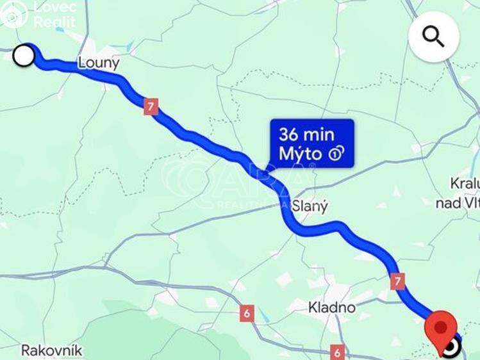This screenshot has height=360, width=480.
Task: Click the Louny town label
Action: pos(99,63)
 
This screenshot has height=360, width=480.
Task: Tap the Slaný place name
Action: pos(310,207)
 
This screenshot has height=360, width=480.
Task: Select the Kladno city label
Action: pos(331,307)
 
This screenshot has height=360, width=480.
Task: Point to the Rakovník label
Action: pos(52,350)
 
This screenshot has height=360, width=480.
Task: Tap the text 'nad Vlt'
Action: pos(457,203)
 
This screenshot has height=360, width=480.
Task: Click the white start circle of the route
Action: pos(24,55)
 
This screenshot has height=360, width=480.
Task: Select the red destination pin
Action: pos(440,327)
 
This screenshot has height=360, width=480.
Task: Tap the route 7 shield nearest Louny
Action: pos(151,106)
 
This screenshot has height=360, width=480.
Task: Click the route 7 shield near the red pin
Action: pos(398,281)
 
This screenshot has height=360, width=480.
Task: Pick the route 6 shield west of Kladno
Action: pos(247,313)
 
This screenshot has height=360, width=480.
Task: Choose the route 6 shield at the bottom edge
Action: pos(337,352)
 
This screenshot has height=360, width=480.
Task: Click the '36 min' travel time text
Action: pos(306,135)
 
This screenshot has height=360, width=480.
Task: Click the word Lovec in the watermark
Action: pos(54,7)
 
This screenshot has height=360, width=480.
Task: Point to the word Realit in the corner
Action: pos(54,22)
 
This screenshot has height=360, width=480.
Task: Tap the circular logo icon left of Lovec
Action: pos(14,13)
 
